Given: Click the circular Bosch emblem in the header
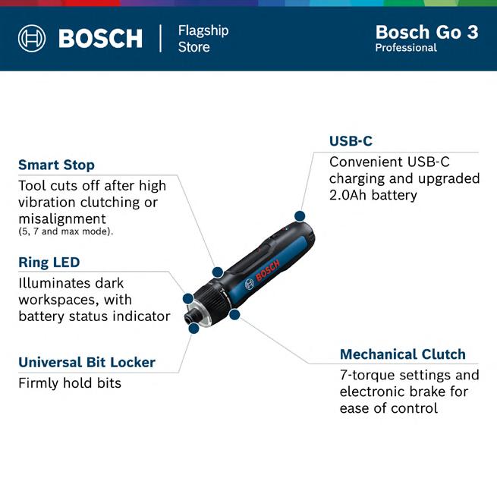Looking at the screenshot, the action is click(x=32, y=39).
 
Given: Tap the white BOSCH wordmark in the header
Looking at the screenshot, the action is click(x=100, y=39).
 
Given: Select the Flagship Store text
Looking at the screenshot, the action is click(x=203, y=39).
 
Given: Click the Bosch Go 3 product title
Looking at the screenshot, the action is click(x=426, y=32).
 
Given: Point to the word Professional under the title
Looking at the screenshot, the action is click(x=406, y=48).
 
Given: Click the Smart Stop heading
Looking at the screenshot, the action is click(x=56, y=165).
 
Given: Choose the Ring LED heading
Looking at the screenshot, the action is click(x=49, y=262).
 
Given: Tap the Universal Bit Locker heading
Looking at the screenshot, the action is click(x=87, y=362).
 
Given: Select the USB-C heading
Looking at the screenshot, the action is click(x=351, y=141).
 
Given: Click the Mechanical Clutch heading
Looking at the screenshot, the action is click(x=403, y=354).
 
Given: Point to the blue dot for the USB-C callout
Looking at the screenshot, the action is click(x=300, y=216).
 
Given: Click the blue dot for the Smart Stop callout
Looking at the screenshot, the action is click(x=218, y=272).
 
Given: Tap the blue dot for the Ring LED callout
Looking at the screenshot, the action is click(x=188, y=298).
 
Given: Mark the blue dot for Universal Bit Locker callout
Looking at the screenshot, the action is click(x=193, y=328).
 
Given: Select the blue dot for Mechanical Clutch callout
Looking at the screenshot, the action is click(x=234, y=314).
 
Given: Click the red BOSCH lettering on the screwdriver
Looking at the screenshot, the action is click(x=268, y=270).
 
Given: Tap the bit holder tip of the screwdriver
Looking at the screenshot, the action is click(x=190, y=317).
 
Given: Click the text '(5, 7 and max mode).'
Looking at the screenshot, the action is click(x=65, y=231).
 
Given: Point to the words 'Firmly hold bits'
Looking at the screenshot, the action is click(x=70, y=383).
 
